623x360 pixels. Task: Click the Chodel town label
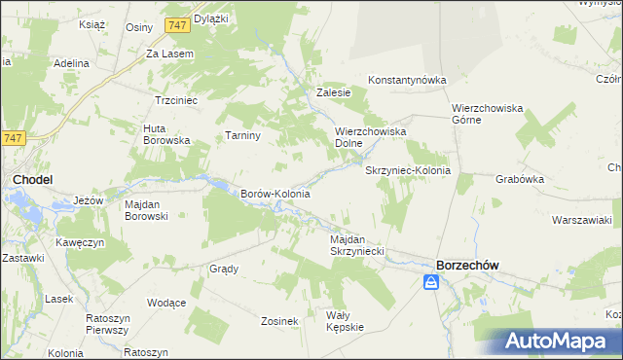[x=32, y=179]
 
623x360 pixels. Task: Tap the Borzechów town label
[x=469, y=264]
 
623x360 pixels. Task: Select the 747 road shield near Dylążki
[x=176, y=24]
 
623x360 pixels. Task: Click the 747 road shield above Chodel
[x=13, y=139]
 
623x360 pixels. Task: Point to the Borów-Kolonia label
[x=275, y=194]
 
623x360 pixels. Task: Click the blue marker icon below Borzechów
[x=431, y=283]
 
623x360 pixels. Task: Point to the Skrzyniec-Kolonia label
[x=408, y=170]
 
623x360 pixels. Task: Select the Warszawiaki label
[x=581, y=220]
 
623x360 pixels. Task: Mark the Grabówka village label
[x=519, y=179]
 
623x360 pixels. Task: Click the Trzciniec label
[x=177, y=100]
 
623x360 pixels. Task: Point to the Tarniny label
[x=243, y=135]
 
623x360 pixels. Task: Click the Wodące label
[x=167, y=303]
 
